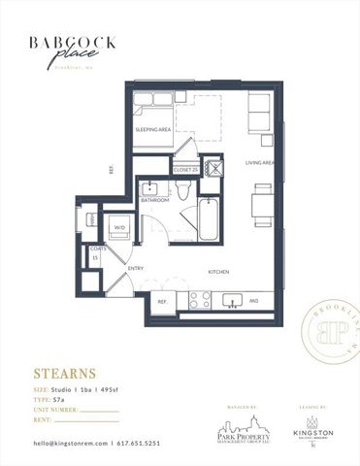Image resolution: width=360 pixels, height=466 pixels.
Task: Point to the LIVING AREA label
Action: [261, 162]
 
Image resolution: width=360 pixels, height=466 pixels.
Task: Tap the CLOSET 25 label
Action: [185, 170]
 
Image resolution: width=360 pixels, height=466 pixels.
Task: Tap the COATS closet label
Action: [98, 253]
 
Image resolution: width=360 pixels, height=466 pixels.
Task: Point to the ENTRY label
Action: [136, 268]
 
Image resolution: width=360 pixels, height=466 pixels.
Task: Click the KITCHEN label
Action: [218, 273]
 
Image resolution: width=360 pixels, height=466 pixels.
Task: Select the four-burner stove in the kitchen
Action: [199, 300]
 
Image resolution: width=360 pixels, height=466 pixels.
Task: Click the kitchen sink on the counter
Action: [233, 299]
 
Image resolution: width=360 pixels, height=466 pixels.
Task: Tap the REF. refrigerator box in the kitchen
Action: [162, 302]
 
